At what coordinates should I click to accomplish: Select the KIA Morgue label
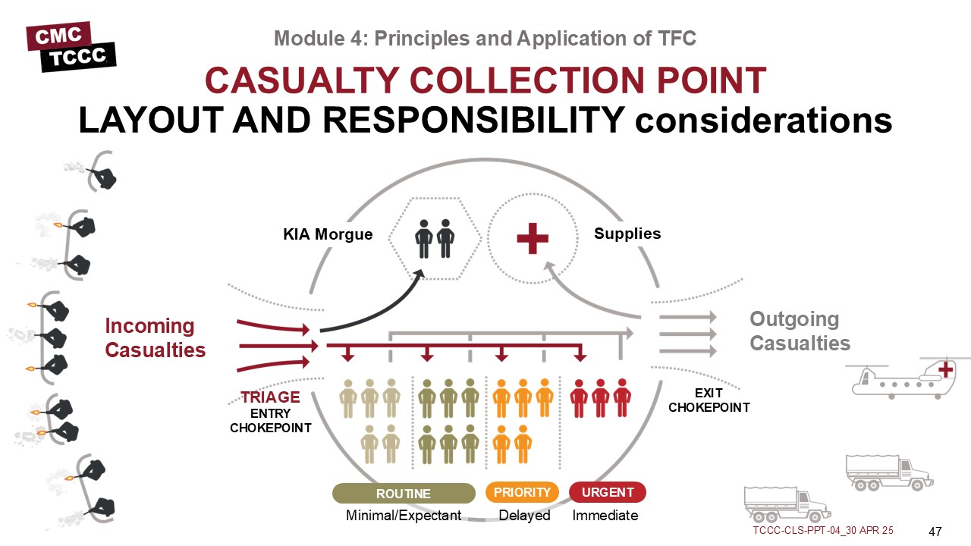[328, 234]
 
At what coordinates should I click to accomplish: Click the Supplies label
[627, 234]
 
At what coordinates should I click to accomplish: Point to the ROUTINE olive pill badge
[404, 494]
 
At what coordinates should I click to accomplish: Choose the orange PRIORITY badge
[522, 493]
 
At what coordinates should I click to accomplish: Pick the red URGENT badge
[607, 493]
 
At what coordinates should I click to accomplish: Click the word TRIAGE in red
[270, 397]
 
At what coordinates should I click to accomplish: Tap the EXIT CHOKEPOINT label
[709, 400]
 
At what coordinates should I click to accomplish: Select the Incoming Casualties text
[155, 338]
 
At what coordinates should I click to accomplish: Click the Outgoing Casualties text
[800, 331]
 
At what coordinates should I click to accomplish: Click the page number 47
[935, 530]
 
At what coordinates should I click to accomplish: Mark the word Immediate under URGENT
[605, 516]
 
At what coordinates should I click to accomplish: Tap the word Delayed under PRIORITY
[524, 516]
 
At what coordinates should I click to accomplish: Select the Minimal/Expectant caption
[404, 516]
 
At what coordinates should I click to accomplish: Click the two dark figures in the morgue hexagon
[434, 238]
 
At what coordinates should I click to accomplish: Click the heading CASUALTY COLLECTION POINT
[485, 80]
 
